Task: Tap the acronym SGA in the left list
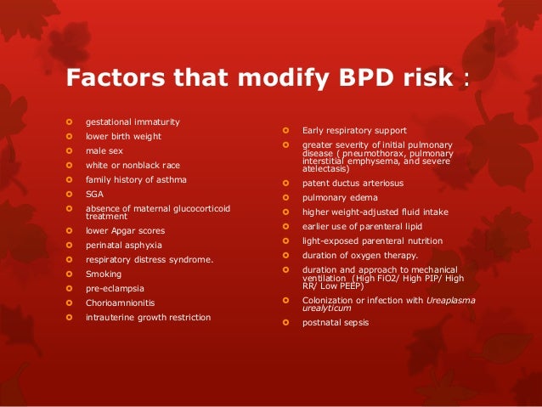(x=93, y=195)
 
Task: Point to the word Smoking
(x=104, y=274)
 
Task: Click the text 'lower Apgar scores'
(x=126, y=230)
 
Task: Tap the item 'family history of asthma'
(x=137, y=180)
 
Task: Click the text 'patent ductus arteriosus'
(x=353, y=183)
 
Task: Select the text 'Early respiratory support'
(x=354, y=130)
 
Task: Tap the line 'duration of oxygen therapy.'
(x=360, y=255)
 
